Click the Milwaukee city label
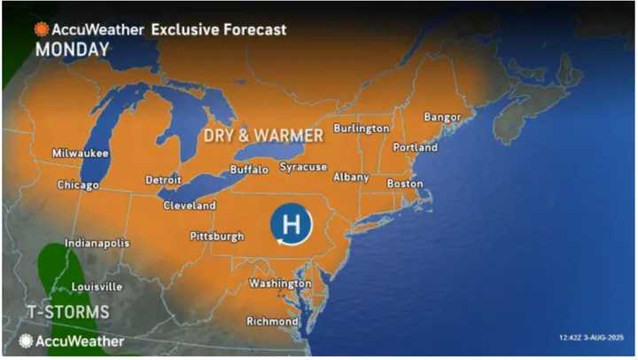coord(79,153)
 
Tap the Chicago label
coord(78,185)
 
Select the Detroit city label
coord(163,179)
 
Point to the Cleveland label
coord(190,206)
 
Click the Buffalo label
coord(249,169)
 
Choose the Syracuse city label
coord(303,167)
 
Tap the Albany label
coord(351,177)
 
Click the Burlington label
coord(361,129)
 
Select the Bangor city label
coord(443,117)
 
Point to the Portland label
coord(417,147)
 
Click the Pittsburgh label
coord(217,237)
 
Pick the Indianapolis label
coord(97,243)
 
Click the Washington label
coord(280,284)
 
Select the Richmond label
coord(273,321)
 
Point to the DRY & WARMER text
coord(263,136)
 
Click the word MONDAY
coord(72,51)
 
